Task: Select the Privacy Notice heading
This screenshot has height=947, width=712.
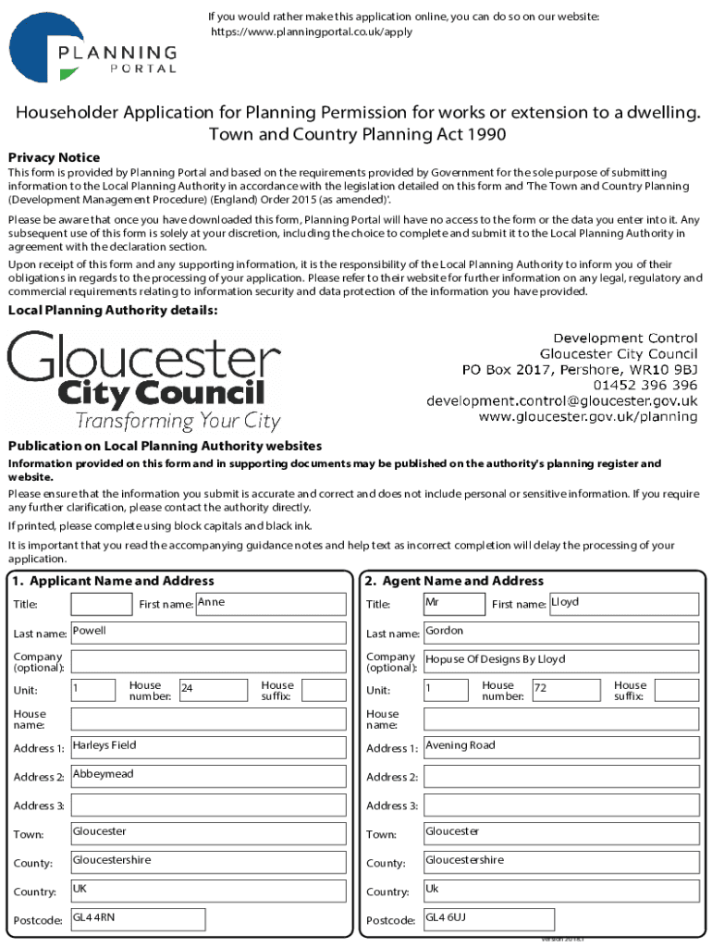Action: [54, 157]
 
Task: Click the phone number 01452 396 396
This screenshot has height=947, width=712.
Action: [645, 385]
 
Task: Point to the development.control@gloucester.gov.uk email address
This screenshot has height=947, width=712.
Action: [561, 400]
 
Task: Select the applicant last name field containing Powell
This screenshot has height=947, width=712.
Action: [209, 633]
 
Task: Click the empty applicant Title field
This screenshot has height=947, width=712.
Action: [102, 605]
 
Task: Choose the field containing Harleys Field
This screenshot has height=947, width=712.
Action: [209, 747]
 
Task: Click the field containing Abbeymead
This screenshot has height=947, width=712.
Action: [209, 776]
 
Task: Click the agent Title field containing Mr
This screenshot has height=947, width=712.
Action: [453, 605]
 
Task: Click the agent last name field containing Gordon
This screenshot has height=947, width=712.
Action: [560, 633]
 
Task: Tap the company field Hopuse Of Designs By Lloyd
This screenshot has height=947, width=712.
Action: [560, 661]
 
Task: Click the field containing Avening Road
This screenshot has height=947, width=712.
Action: [560, 747]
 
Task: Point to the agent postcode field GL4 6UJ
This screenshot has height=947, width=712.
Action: [488, 919]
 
